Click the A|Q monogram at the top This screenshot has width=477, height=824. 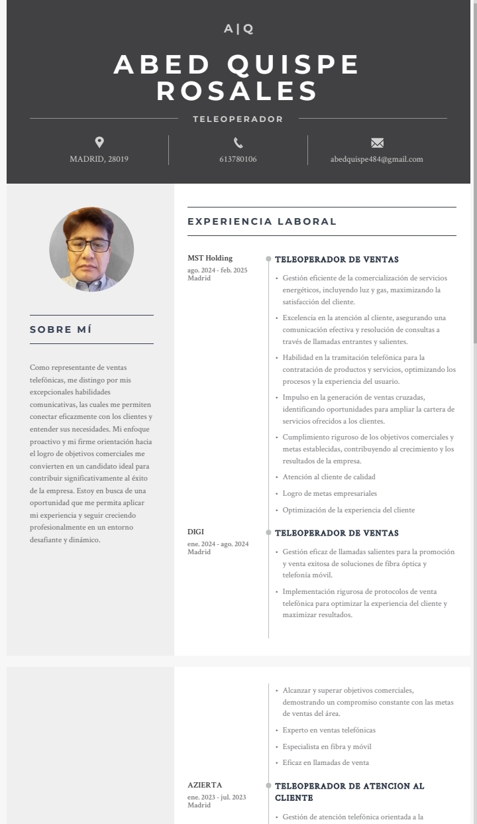(238, 29)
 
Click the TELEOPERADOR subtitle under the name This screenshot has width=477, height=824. (238, 119)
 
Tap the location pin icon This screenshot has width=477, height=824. (99, 142)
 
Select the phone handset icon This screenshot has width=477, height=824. (238, 143)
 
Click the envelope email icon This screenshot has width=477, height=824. (377, 143)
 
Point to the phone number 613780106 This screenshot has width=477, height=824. (238, 159)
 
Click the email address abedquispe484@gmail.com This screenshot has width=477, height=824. (376, 159)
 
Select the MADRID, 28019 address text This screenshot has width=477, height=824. (99, 159)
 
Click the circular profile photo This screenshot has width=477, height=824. (91, 249)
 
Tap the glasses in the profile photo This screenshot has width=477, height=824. (88, 245)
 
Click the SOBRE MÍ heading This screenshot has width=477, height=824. (61, 329)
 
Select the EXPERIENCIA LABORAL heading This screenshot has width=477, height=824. (262, 221)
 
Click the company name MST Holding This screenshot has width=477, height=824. (210, 258)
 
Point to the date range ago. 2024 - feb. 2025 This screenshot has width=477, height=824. (217, 270)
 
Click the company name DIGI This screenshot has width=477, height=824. (195, 532)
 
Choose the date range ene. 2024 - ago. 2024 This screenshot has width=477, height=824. (218, 544)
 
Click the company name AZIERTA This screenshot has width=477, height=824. (205, 785)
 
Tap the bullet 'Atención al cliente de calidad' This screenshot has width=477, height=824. (329, 477)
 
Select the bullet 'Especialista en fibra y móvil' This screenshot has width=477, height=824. (327, 746)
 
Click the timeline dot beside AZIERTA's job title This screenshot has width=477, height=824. (268, 786)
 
